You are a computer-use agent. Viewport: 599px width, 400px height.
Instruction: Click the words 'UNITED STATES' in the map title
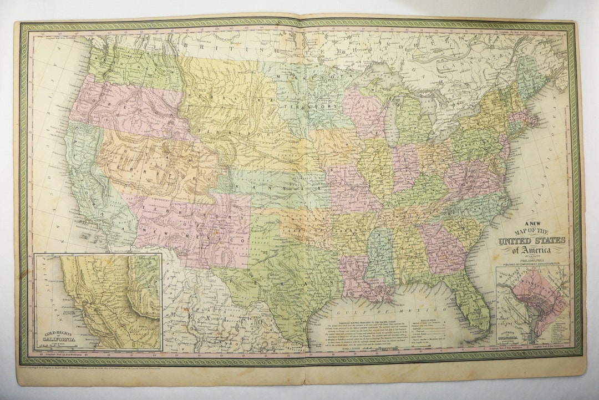click(531, 240)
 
